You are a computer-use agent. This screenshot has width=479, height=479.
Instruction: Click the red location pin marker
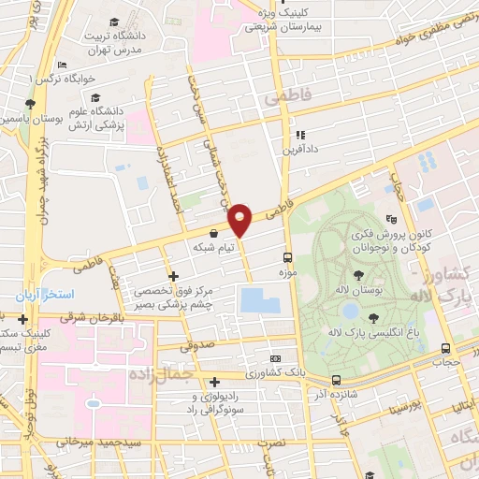(240, 220)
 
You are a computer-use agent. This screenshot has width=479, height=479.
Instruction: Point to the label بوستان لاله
(359, 289)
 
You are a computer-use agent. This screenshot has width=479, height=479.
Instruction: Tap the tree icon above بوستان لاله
(359, 273)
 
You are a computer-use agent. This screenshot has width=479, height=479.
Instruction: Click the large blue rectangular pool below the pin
(259, 300)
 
